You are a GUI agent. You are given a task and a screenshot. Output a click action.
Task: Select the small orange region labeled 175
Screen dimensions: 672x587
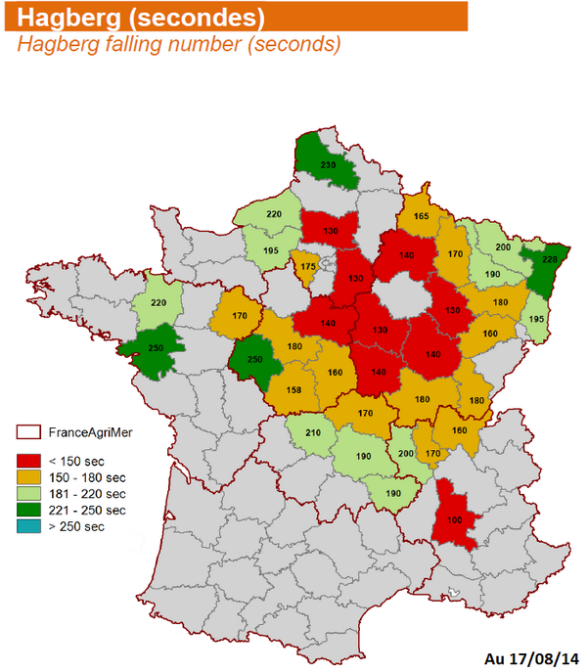coord(308,267)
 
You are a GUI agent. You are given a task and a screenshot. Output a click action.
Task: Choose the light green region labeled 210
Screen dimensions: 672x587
coord(313,433)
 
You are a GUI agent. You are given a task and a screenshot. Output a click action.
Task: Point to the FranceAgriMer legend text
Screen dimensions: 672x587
coord(94,431)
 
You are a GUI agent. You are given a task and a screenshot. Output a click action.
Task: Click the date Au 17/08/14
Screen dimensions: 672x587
coord(531,656)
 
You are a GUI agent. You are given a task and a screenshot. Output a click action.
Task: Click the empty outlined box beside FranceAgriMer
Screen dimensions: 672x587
coord(29,431)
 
